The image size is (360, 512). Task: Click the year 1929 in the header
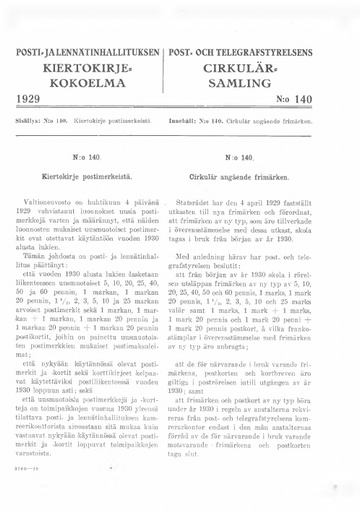[35, 101]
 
